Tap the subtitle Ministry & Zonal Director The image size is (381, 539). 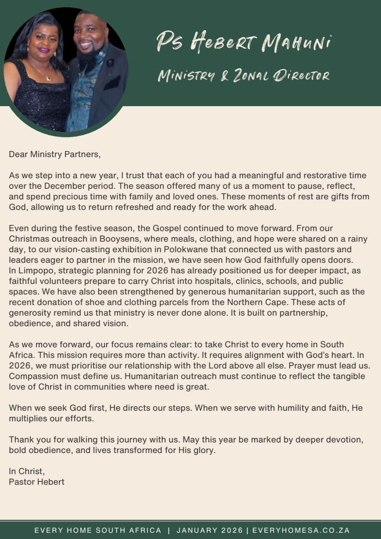[x=244, y=75]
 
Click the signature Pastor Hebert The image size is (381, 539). [x=37, y=481]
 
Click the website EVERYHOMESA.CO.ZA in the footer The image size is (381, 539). [x=301, y=530]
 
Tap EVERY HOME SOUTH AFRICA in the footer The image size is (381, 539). [x=98, y=530]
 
